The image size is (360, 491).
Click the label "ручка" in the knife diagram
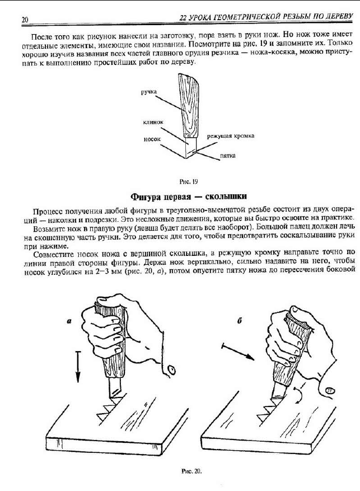tap(148, 91)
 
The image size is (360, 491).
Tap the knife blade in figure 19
tap(190, 148)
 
